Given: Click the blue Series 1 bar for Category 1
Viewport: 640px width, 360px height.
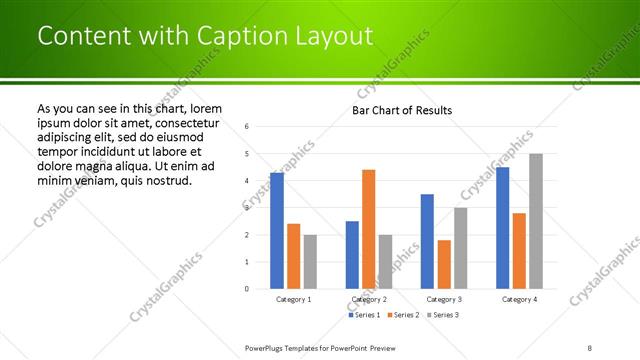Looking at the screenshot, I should pyautogui.click(x=277, y=230).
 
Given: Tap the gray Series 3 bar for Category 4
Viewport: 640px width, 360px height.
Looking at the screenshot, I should pyautogui.click(x=535, y=221).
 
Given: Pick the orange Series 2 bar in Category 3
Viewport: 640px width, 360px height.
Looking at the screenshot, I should pyautogui.click(x=444, y=264).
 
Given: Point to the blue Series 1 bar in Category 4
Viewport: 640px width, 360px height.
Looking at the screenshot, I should pyautogui.click(x=502, y=228).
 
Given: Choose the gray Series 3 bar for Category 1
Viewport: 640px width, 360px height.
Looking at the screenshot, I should pyautogui.click(x=310, y=262).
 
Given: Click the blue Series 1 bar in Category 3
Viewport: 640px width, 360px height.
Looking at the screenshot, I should pyautogui.click(x=427, y=241).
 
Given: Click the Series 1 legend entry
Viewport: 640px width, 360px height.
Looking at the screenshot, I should pyautogui.click(x=366, y=315).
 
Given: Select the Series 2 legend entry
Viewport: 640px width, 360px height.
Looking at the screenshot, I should pyautogui.click(x=402, y=315).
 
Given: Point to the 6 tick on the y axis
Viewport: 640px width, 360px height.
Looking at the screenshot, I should pyautogui.click(x=247, y=127).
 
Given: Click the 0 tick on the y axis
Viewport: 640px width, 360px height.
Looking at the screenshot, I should pyautogui.click(x=247, y=289).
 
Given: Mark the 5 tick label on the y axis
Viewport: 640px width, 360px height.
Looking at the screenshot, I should pyautogui.click(x=247, y=154).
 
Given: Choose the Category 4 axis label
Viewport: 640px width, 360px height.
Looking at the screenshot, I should pyautogui.click(x=519, y=299).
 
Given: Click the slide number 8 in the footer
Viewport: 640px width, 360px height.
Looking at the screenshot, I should pyautogui.click(x=590, y=347).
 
